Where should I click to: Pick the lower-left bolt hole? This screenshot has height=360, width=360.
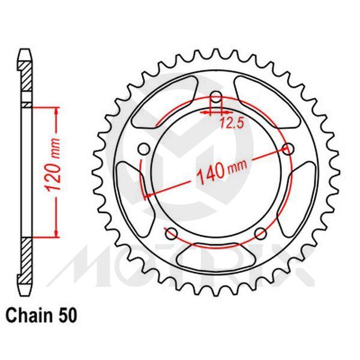click(171, 233)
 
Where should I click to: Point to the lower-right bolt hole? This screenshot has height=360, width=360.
click(260, 233)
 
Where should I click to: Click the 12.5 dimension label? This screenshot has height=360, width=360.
click(227, 124)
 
